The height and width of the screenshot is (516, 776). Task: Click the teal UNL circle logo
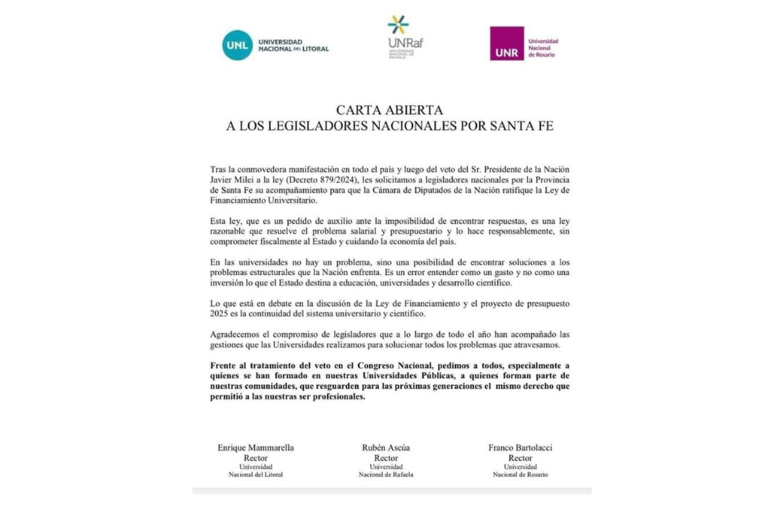238,45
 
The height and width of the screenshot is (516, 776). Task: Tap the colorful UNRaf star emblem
398,25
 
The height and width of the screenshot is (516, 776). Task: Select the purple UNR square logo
506,44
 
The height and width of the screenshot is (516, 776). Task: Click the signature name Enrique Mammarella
255,447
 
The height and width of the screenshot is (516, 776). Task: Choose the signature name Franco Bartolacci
520,447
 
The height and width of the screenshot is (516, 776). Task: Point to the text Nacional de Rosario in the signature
520,475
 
